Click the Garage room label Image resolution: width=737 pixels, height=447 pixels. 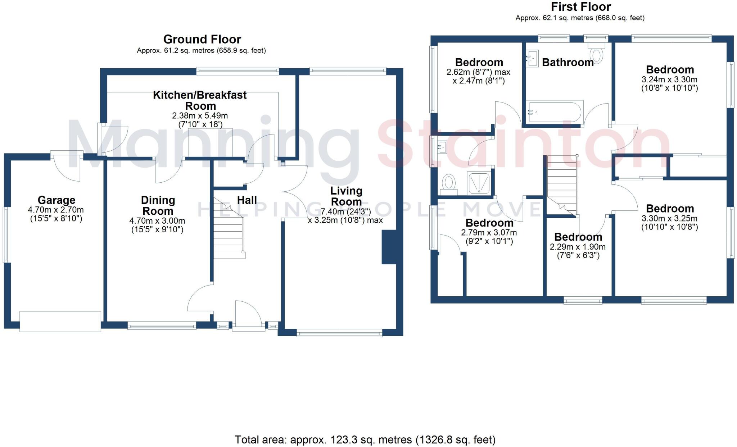[56, 200]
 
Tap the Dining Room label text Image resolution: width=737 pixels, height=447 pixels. [158, 206]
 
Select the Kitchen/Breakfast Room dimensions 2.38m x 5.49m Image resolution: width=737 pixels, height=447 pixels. [200, 116]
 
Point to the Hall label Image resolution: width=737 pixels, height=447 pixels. [247, 200]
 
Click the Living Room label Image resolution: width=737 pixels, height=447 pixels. [346, 196]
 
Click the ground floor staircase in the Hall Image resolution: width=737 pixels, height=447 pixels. [229, 234]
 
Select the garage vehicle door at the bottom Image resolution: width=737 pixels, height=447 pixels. [60, 321]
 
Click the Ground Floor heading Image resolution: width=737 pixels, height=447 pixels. [202, 39]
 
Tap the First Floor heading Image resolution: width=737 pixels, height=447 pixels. [581, 7]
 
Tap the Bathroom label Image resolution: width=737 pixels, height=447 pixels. [568, 63]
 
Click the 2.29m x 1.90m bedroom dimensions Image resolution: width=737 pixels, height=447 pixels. [578, 247]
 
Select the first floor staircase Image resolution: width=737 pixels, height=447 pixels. [562, 185]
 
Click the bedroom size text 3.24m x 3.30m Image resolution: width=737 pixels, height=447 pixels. [669, 79]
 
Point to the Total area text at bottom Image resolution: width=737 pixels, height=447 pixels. [365, 439]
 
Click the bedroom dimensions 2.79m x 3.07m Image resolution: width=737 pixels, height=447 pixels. [489, 233]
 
